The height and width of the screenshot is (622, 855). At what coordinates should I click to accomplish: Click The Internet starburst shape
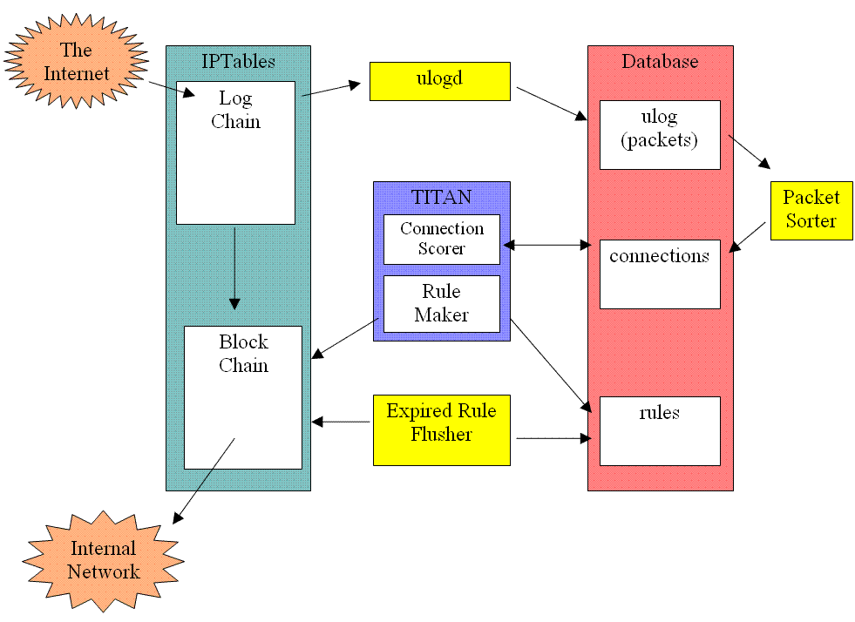coord(76,61)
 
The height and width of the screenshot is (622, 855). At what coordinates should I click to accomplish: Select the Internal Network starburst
coord(104,560)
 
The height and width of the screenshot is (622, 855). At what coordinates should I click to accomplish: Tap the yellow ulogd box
coord(439,81)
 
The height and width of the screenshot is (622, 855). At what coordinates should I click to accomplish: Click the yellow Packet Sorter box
coord(811,210)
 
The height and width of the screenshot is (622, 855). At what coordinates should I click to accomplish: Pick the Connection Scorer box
coord(442,239)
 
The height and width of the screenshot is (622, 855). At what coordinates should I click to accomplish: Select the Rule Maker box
coord(442,303)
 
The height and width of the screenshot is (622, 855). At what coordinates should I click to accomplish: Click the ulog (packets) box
coord(660,134)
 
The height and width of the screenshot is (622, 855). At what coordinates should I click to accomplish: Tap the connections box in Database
coord(660,274)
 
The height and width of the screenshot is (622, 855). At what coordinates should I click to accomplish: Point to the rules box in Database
coord(660,431)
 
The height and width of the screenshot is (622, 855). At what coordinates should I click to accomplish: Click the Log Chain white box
coord(235,152)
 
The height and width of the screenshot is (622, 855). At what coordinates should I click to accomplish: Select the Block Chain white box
coord(243,397)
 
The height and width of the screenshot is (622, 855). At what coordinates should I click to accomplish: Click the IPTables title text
coord(238,62)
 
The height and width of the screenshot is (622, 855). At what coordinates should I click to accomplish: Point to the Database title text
coord(660,62)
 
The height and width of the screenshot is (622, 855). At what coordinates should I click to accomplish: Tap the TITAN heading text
coord(441,197)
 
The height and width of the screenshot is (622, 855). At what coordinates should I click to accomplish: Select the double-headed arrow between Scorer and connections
coord(546,246)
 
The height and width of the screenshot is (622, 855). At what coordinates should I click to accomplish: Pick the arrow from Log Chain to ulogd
coord(330,90)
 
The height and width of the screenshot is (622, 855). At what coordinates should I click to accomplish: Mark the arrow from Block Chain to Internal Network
coord(205,480)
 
